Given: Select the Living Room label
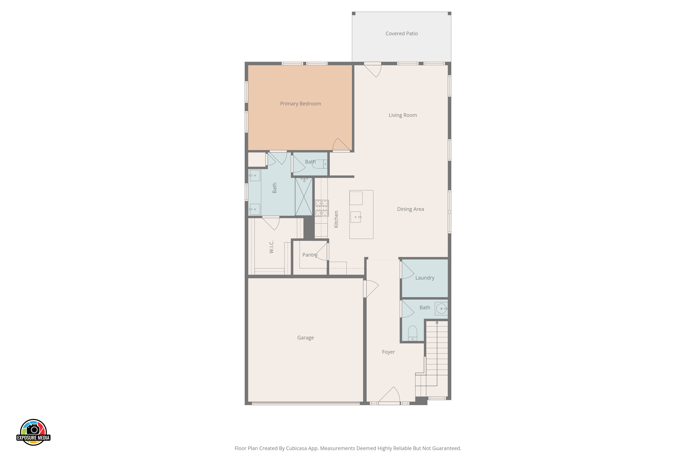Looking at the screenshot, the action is pos(403,115).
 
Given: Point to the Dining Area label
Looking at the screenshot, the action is pos(410,209).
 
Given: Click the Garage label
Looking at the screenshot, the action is pos(305,338).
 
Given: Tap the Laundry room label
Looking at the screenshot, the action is pos(425,278).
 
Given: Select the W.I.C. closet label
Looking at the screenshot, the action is pos(271,247).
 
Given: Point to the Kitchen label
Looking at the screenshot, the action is pos(336,219).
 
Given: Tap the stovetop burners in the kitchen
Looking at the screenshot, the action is pos(322,208).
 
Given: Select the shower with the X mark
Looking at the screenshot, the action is pos(304,196).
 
